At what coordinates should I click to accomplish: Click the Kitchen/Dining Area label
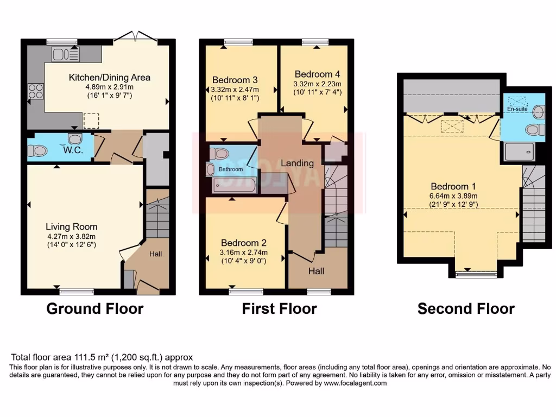click(x=109, y=78)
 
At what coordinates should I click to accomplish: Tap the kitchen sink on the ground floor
click(x=66, y=54)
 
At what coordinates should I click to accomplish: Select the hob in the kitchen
click(x=36, y=91)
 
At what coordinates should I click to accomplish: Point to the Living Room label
click(x=71, y=226)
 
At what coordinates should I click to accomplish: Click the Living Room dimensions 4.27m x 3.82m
click(x=71, y=236)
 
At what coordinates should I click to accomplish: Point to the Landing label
click(x=297, y=163)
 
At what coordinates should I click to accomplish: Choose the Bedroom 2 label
click(x=243, y=243)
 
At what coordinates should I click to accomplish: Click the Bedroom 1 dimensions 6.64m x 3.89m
click(x=460, y=196)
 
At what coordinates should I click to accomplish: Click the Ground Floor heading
click(x=95, y=309)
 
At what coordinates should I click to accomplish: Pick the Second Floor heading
click(x=466, y=309)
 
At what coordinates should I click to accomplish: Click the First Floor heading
click(x=279, y=309)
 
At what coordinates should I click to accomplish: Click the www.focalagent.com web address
click(x=356, y=383)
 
